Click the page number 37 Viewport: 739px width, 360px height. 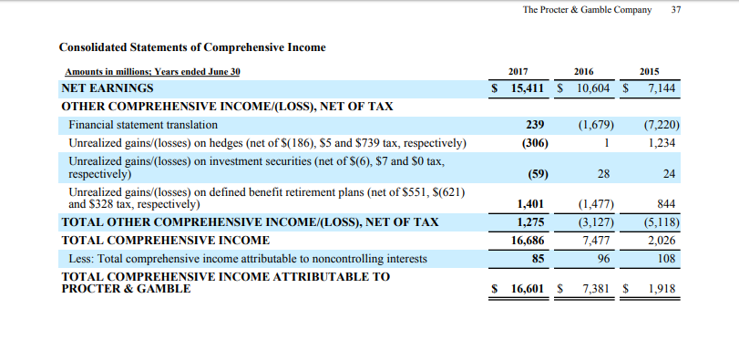(675, 10)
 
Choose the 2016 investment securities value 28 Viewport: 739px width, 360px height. (606, 173)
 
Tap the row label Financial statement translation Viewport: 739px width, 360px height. (143, 124)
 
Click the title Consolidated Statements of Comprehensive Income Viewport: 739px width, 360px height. (192, 46)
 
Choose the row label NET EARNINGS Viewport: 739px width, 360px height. (108, 88)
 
